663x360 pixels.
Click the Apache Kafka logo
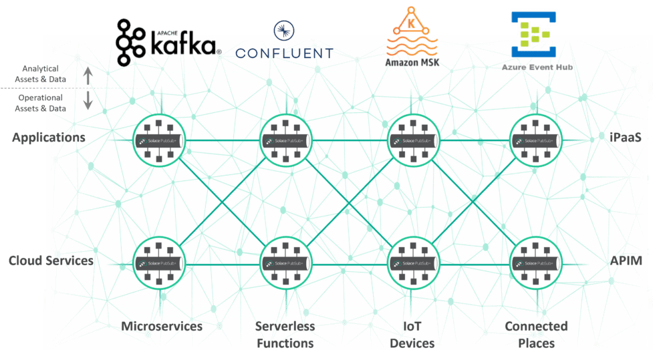click(168, 41)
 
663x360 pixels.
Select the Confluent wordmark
click(285, 44)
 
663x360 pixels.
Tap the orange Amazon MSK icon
click(412, 31)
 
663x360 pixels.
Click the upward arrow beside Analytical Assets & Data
click(88, 77)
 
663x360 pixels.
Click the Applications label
click(49, 138)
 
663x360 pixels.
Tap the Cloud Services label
click(51, 260)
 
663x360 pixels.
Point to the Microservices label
click(162, 327)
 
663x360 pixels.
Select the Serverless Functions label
click(285, 335)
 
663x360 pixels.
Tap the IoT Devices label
click(412, 335)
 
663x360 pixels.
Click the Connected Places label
click(536, 335)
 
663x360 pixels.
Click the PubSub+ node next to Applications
click(159, 141)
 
